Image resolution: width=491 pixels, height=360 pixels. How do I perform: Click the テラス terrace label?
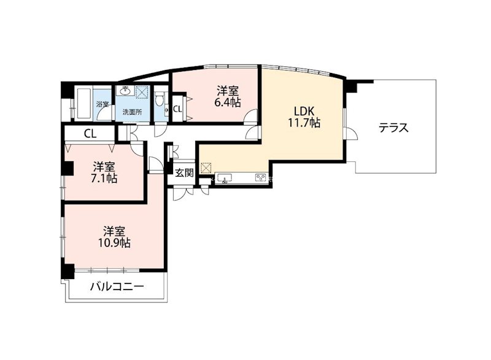click(x=393, y=129)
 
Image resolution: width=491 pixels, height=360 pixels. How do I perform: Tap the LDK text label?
click(x=304, y=111)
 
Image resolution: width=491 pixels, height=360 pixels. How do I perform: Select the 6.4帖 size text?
click(x=227, y=102)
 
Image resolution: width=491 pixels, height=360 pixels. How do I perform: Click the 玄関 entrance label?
click(x=184, y=173)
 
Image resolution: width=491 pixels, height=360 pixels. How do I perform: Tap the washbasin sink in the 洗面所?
click(x=127, y=93)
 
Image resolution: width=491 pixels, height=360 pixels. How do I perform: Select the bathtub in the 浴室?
click(x=83, y=103)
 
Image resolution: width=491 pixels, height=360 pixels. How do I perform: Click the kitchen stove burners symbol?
click(x=260, y=178)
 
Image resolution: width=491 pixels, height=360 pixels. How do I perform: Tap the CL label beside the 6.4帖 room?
click(x=177, y=109)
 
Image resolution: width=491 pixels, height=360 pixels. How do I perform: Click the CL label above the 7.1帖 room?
click(x=89, y=133)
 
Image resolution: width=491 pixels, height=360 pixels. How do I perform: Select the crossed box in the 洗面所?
click(x=142, y=93)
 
